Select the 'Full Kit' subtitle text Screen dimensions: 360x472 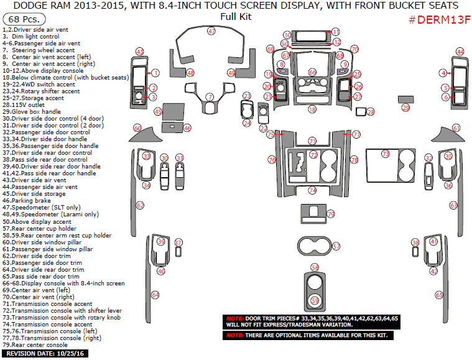(x=236, y=17)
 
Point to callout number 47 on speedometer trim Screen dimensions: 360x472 (x=211, y=31)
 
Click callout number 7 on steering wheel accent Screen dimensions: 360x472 (x=210, y=96)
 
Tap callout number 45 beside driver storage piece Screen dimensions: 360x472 (x=158, y=112)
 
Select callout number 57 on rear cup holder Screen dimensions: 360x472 (x=336, y=247)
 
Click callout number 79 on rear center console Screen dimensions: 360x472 (x=331, y=214)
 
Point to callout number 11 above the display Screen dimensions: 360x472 (x=336, y=32)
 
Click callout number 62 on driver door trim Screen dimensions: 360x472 (x=140, y=205)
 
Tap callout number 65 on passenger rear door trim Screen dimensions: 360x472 (x=438, y=295)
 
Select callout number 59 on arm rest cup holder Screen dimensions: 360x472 (x=315, y=300)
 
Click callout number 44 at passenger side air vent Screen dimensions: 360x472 (x=460, y=52)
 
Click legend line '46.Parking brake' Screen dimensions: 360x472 (x=29, y=201)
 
